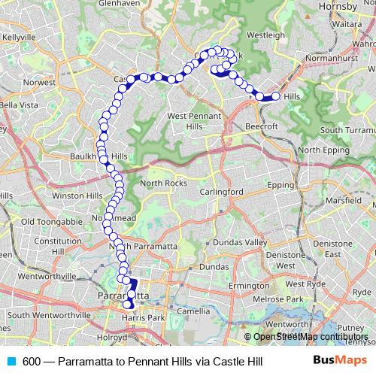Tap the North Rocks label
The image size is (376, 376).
click(162, 183)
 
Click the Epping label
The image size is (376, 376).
click(280, 184)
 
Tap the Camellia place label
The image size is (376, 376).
click(194, 310)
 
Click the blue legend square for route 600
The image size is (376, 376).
click(11, 362)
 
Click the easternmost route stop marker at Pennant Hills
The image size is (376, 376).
click(276, 96)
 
